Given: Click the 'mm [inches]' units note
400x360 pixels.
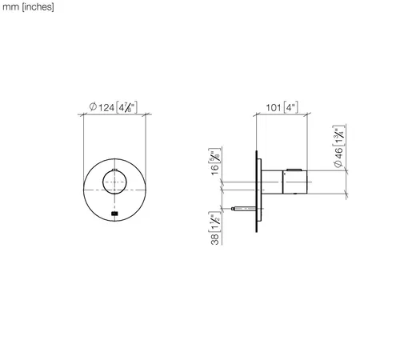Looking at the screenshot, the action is pyautogui.click(x=28, y=7).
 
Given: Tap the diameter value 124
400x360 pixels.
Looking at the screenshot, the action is pyautogui.click(x=106, y=108).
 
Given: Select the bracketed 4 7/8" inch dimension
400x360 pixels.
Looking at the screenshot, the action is pyautogui.click(x=127, y=107).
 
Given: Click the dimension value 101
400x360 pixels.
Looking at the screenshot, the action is pyautogui.click(x=274, y=108).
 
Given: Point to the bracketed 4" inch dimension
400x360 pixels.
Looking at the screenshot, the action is pyautogui.click(x=290, y=107).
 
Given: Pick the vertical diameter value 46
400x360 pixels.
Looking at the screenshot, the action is pyautogui.click(x=338, y=154).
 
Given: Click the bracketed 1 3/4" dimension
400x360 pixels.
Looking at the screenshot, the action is pyautogui.click(x=338, y=135).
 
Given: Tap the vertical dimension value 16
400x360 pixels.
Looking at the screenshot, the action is pyautogui.click(x=215, y=170).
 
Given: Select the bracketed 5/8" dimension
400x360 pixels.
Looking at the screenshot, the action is pyautogui.click(x=215, y=155).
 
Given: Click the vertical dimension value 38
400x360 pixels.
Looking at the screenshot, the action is pyautogui.click(x=215, y=239).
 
